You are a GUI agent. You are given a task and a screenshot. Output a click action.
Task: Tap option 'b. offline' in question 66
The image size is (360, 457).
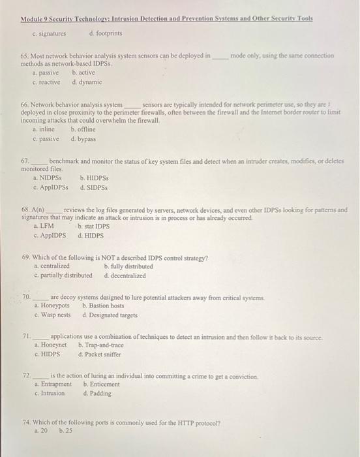tap(82, 129)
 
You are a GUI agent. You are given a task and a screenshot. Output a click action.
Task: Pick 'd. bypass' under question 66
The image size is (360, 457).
tap(83, 138)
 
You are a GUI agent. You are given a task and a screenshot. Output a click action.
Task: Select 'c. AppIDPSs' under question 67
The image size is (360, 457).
tap(50, 187)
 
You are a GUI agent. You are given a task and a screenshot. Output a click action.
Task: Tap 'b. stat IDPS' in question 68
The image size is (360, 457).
tap(93, 225)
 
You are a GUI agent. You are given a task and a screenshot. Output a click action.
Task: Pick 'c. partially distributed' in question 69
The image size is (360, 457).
tap(63, 275)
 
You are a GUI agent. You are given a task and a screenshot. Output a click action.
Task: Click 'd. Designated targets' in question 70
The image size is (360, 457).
tap(110, 315)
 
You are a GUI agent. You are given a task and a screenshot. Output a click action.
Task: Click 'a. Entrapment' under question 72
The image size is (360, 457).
tap(52, 385)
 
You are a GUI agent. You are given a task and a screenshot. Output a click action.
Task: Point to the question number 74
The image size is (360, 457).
tap(26, 422)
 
